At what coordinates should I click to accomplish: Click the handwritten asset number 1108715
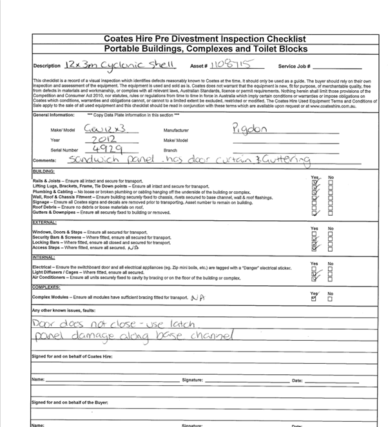pos(229,64)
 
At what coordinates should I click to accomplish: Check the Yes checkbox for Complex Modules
pos(314,299)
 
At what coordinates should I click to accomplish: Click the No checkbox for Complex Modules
pos(331,299)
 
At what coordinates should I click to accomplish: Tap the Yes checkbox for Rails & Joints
pos(314,182)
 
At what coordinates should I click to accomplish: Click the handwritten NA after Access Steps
pos(134,247)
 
